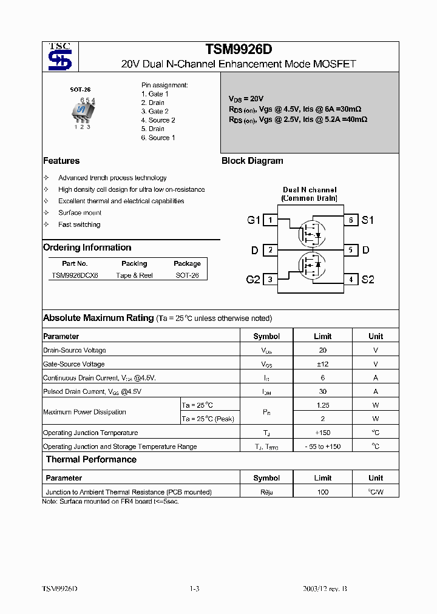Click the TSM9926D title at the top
tap(238, 50)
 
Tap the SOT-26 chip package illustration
tap(81, 111)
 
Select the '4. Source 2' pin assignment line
tap(158, 120)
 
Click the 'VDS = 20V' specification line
tap(246, 98)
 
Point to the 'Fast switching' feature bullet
tap(79, 224)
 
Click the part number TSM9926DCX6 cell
tap(75, 275)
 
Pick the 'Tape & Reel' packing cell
tap(134, 275)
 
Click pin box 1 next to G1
tap(270, 220)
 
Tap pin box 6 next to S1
tap(350, 220)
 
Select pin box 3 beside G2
tap(270, 280)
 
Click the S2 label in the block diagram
tap(368, 280)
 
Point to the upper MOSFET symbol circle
tap(311, 234)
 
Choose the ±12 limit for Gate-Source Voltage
tap(322, 364)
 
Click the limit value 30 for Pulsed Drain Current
tap(322, 392)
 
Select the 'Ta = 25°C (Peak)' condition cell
tap(208, 419)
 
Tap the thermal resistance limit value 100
tap(322, 492)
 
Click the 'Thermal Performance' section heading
tap(91, 460)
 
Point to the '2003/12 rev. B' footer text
tap(325, 589)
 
